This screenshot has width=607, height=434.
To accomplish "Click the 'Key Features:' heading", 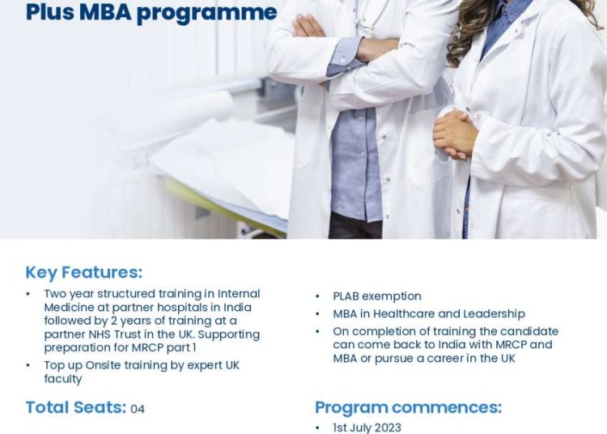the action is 84,272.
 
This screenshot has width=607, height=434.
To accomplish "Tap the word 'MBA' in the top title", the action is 105,11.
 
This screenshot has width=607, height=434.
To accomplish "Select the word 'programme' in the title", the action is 206,13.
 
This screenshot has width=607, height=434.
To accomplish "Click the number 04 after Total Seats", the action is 138,409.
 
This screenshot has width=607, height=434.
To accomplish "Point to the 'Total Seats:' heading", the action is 76,407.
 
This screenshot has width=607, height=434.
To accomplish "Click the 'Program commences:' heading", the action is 408,407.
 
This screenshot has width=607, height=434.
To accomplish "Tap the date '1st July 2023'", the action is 367,428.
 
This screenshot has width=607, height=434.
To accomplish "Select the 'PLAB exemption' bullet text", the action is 377,296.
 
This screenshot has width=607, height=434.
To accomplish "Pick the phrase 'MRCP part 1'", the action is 163,347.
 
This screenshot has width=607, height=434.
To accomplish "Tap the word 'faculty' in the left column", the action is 62,379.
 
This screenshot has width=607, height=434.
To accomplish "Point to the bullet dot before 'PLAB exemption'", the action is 317,296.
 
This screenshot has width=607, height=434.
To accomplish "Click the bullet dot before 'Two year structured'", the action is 28,294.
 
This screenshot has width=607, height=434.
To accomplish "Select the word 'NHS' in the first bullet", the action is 100,334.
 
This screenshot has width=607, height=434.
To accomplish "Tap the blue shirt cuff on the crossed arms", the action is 346,57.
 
